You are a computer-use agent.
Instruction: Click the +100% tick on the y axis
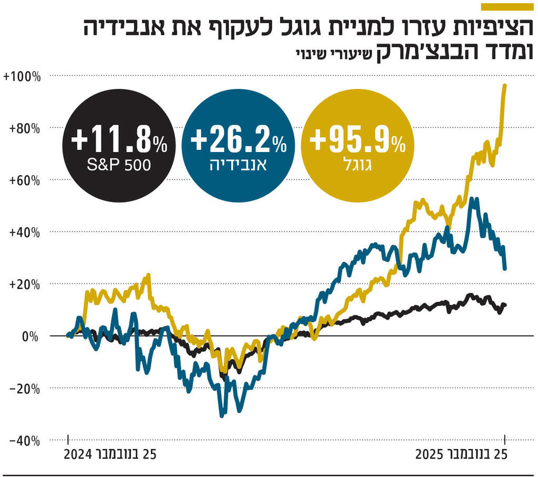tap(22, 77)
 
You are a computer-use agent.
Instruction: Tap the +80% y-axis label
tap(24, 128)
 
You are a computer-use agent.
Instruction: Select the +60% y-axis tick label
tap(24, 180)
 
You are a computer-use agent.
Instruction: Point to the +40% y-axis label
tap(24, 232)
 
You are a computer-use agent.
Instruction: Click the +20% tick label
tap(24, 284)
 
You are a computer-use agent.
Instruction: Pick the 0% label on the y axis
tap(30, 336)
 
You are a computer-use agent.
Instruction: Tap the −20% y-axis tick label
tap(24, 388)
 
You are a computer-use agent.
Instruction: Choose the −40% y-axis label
tap(24, 441)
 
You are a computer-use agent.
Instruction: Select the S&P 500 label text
tap(119, 165)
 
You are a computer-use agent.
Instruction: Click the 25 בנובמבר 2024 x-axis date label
tap(111, 454)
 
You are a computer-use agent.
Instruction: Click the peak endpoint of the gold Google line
tap(505, 85)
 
